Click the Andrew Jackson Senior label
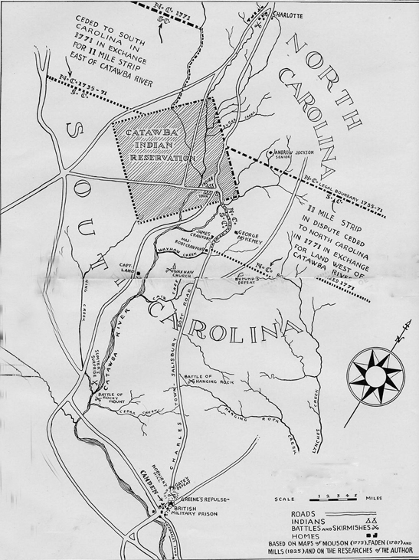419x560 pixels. pyautogui.click(x=294, y=156)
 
